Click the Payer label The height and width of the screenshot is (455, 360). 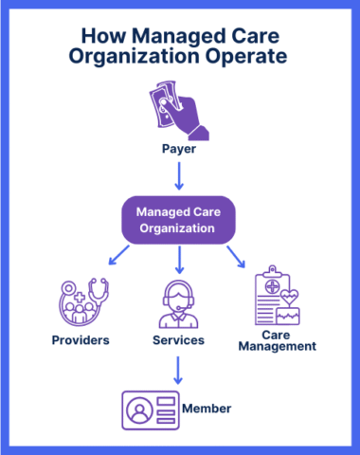[x=179, y=150]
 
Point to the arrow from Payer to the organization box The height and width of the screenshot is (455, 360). [x=179, y=175]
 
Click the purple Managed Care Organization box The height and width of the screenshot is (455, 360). [x=180, y=220]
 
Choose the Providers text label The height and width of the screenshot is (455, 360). [x=81, y=339]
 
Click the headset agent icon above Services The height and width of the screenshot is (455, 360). [x=179, y=301]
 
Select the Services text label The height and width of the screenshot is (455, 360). [x=178, y=339]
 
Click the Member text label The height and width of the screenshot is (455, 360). [x=207, y=409]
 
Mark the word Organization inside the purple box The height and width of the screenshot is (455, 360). [x=180, y=228]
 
